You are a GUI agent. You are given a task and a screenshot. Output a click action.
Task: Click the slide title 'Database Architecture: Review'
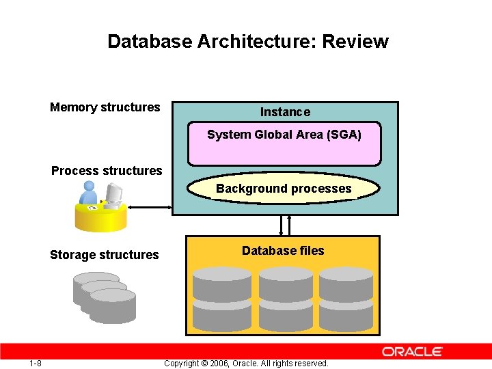[247, 42]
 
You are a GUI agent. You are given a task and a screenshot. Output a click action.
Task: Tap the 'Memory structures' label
[105, 107]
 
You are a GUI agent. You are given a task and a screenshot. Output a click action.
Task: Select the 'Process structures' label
[107, 171]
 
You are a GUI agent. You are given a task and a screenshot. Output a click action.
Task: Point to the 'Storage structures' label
[104, 255]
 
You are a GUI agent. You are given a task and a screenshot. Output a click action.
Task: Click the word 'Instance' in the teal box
[285, 112]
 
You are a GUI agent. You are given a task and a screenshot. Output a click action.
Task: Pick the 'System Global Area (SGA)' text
[284, 135]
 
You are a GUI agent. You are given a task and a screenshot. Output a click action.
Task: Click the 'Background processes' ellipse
[284, 189]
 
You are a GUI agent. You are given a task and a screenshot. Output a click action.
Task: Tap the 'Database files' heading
[283, 251]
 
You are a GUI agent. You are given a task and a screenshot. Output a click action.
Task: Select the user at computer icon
[100, 207]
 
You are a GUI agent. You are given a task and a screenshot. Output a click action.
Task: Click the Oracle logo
[412, 352]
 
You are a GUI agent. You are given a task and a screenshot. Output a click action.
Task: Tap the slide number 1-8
[36, 363]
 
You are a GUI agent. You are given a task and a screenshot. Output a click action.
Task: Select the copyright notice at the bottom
[246, 364]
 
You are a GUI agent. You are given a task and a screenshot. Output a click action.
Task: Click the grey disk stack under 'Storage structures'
[105, 298]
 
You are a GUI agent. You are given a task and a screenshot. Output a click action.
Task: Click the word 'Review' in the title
[355, 42]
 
